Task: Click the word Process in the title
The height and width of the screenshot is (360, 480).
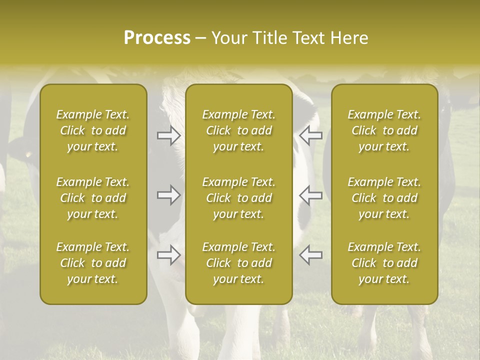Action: (157, 38)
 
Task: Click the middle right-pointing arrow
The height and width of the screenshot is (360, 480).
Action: (169, 195)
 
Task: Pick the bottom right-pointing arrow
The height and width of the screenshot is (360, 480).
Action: (169, 255)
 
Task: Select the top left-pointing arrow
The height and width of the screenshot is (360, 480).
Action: (310, 135)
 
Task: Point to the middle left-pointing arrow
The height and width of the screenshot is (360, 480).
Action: (310, 195)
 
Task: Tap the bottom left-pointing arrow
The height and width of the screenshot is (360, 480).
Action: (310, 255)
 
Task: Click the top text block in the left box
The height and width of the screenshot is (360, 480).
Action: (93, 130)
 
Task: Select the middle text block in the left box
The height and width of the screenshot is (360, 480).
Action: (93, 198)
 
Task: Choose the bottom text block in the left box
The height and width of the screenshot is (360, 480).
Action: (93, 263)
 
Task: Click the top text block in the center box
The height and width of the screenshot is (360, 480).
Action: (239, 130)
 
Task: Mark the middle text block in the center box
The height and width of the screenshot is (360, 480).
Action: (239, 198)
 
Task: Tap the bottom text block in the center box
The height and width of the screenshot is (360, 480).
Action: (239, 263)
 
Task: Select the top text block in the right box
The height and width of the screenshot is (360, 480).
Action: (384, 130)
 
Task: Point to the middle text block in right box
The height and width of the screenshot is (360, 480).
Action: (384, 198)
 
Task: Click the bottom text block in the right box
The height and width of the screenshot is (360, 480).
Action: (384, 263)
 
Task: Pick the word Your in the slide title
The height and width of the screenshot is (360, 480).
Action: (228, 38)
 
